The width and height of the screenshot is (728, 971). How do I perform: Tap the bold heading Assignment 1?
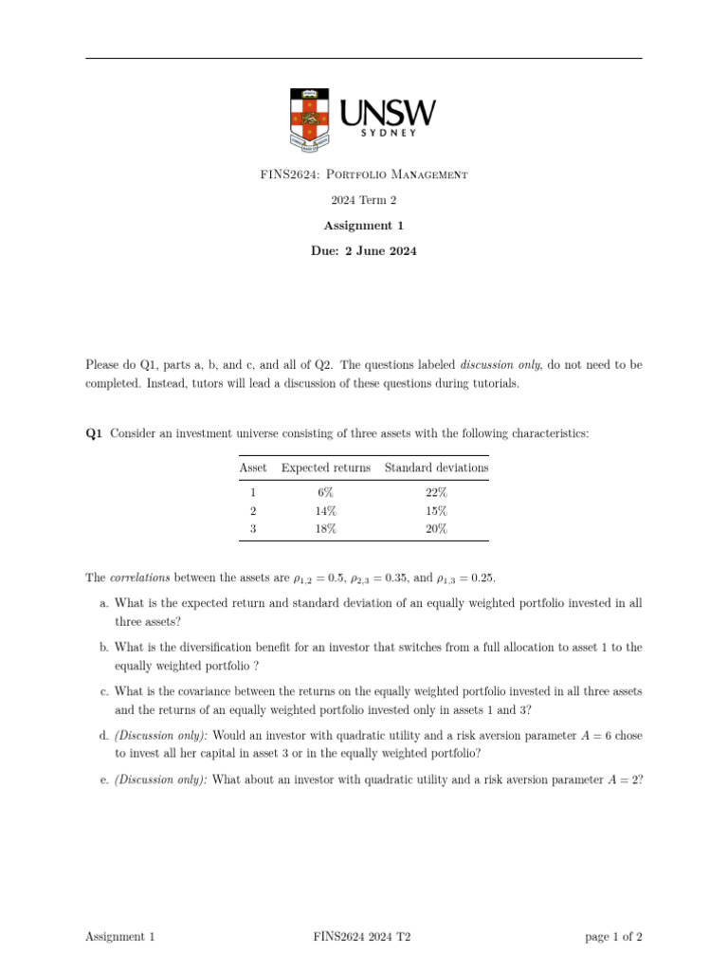coord(363,226)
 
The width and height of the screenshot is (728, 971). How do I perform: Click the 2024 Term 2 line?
coord(363,200)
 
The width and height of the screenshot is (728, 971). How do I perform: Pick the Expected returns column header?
coord(326,467)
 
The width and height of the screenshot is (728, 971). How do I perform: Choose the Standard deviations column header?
coord(436,467)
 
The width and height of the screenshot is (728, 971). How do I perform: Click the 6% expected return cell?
coord(326,493)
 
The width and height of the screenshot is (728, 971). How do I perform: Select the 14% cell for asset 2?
coord(326,511)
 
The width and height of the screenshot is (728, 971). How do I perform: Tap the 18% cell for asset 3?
coord(326,529)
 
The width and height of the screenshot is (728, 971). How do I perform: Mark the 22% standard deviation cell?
coord(436,493)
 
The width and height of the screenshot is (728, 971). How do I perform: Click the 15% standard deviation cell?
coord(436,511)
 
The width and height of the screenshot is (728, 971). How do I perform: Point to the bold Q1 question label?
coord(94,433)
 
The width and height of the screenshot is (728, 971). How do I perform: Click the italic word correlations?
coord(138,577)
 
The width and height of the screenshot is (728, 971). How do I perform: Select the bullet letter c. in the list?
coord(103,691)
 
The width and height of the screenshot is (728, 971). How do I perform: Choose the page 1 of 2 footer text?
coord(613,937)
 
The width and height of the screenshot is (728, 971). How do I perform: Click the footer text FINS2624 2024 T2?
coord(362,937)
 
